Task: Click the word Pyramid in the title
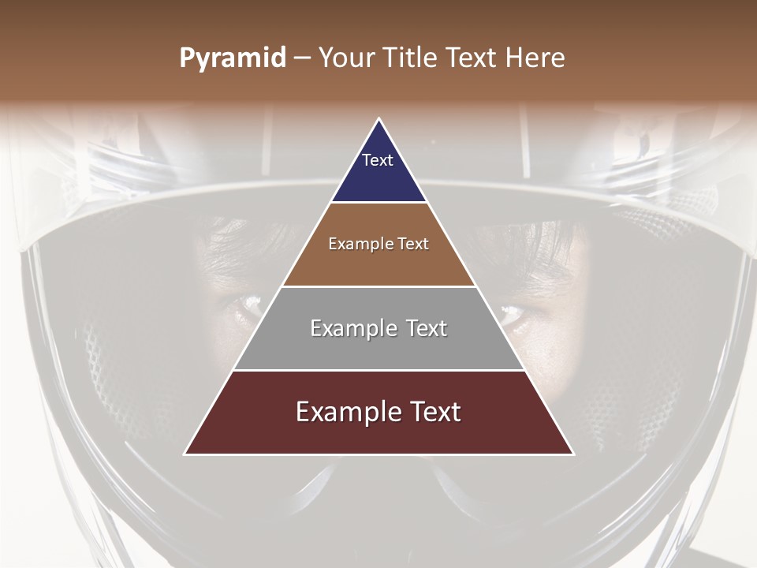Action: point(233,58)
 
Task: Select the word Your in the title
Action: point(349,58)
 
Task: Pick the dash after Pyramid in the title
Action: point(302,58)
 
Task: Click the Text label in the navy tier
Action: point(378,160)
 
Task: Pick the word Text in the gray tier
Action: point(427,328)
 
